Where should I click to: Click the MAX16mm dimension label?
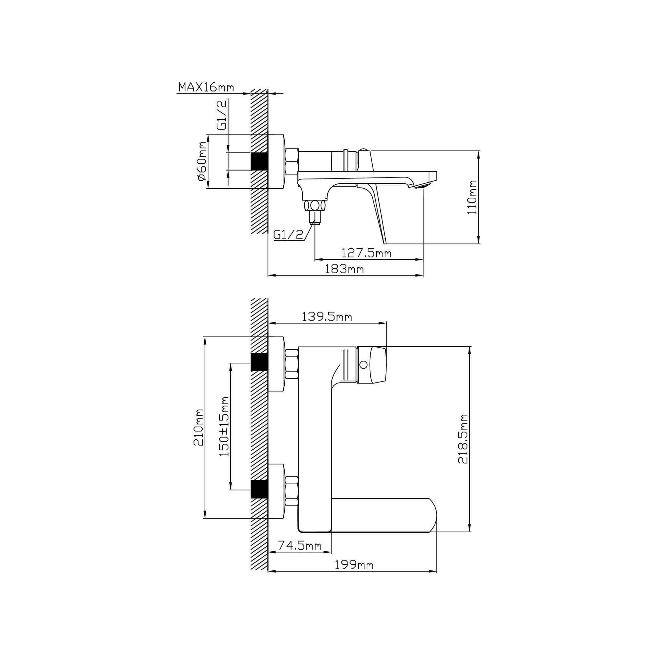206,87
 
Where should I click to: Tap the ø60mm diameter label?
201,161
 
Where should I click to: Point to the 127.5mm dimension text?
367,253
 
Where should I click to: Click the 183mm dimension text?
345,269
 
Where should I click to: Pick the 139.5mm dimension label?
327,317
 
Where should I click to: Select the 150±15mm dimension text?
224,426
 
